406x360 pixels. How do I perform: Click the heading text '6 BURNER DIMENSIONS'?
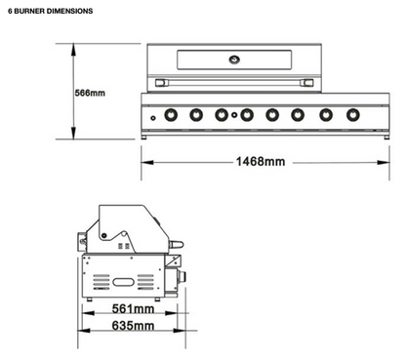[51, 11]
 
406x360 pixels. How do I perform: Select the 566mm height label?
[90, 94]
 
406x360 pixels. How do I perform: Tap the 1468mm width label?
[261, 161]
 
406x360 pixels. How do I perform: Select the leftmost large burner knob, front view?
[170, 115]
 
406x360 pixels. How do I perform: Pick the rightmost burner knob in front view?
[348, 115]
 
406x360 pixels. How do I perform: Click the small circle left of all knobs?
[152, 117]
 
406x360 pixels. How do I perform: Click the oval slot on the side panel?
[126, 281]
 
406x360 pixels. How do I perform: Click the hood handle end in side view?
[175, 242]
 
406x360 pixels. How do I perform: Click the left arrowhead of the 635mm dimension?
[81, 327]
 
